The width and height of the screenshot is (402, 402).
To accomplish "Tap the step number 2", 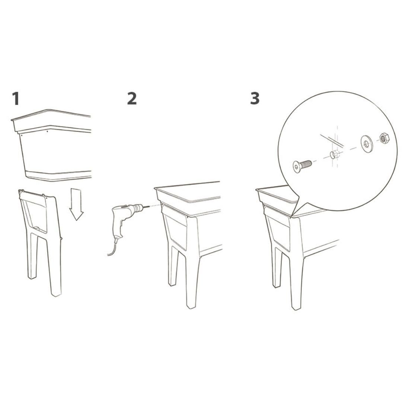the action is click(132, 99).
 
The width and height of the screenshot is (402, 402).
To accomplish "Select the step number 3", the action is click(255, 98).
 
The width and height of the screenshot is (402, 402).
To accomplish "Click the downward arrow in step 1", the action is click(76, 204).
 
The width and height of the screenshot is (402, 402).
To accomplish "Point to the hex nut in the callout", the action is click(384, 139).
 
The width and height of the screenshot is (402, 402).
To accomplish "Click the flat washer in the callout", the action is click(367, 143).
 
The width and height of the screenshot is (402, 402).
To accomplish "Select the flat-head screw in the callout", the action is click(302, 166).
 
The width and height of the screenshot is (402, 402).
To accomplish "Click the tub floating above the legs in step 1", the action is click(51, 145).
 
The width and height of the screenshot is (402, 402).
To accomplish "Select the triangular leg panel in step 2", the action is click(176, 231).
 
